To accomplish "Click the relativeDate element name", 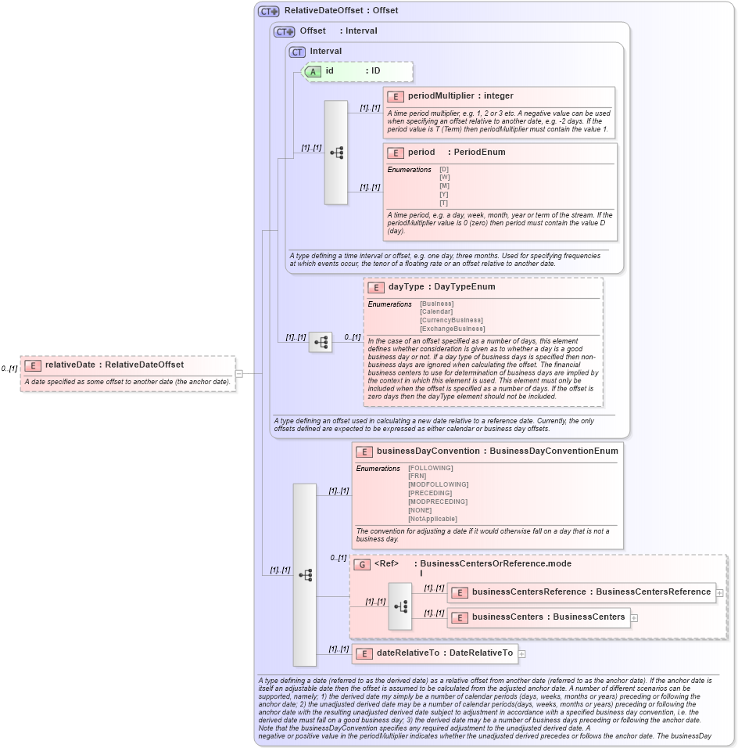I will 70,365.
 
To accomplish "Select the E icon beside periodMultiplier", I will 396,96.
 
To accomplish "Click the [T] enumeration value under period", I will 444,203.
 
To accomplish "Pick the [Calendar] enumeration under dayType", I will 436,312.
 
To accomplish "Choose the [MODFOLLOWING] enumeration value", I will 438,485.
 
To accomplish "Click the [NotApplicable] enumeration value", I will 432,519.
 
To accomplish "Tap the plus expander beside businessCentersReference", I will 719,593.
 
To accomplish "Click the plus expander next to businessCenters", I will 634,617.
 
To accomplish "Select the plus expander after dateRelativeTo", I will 521,653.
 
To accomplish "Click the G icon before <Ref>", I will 362,564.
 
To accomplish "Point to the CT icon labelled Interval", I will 297,52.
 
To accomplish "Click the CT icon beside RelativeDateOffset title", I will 269,11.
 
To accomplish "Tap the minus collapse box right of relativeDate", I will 239,374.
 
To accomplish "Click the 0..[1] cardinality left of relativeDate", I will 9,369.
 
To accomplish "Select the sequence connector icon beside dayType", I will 321,342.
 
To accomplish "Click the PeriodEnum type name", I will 479,153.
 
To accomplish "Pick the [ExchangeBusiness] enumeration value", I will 452,329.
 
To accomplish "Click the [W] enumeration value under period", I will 444,177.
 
